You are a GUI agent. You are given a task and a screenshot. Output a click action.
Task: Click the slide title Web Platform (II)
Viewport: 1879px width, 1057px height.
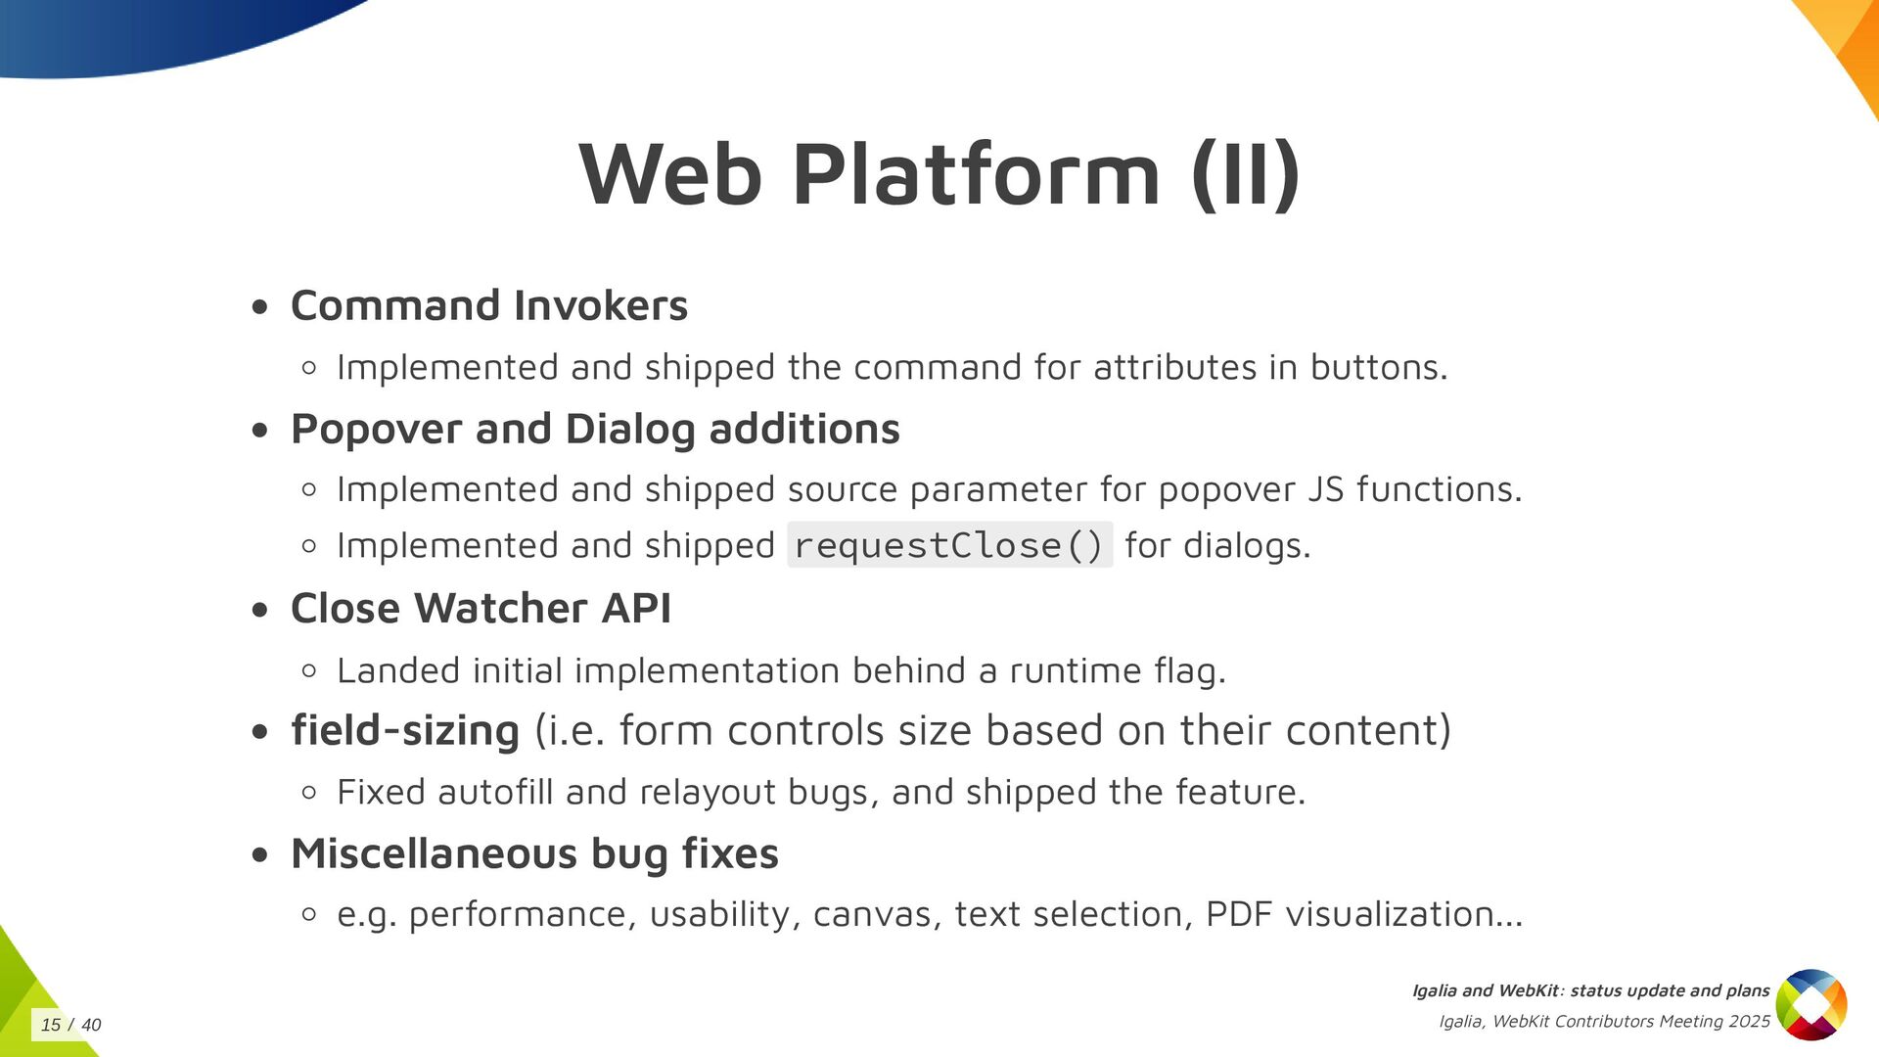pyautogui.click(x=939, y=174)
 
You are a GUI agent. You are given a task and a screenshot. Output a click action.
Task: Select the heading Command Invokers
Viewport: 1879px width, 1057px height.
pyautogui.click(x=489, y=305)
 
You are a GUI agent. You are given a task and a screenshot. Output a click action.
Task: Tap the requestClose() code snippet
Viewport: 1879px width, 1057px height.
pyautogui.click(x=949, y=545)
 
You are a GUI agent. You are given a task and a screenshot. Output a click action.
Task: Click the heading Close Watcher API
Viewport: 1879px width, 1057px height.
pyautogui.click(x=481, y=608)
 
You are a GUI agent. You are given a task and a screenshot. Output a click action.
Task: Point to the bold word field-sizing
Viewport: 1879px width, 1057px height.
pyautogui.click(x=405, y=730)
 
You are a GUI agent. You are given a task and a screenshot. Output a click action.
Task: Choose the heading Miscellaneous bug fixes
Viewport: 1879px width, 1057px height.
pyautogui.click(x=534, y=853)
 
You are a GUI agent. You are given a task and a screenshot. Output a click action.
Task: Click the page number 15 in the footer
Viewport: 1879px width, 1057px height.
pyautogui.click(x=51, y=1025)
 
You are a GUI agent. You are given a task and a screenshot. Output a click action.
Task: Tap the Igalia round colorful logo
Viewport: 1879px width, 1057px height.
pyautogui.click(x=1810, y=1004)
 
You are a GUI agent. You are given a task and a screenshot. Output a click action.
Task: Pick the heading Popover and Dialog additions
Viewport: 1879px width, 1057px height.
pyautogui.click(x=595, y=429)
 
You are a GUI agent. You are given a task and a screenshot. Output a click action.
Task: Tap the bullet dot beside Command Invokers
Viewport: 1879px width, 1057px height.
pyautogui.click(x=259, y=307)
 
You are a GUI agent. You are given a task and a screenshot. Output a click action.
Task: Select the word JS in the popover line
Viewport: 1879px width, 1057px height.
pyautogui.click(x=1326, y=489)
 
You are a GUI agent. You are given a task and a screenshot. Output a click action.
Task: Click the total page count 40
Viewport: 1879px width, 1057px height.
pyautogui.click(x=91, y=1025)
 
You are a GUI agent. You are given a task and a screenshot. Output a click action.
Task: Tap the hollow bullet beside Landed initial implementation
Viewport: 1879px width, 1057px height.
pyautogui.click(x=309, y=670)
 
